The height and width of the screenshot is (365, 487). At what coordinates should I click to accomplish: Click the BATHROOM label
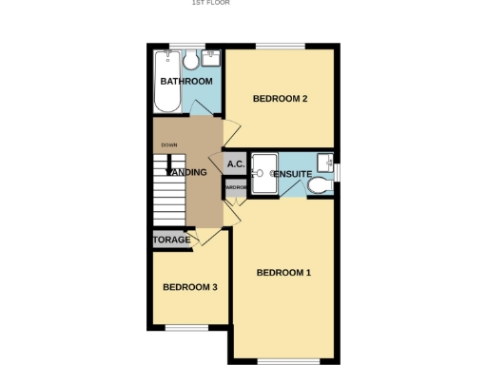(185, 82)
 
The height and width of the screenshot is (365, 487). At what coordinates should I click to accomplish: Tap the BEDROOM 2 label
(279, 98)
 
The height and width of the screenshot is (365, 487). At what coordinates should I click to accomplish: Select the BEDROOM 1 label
(283, 273)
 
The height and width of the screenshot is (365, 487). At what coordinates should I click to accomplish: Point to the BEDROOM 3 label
(189, 287)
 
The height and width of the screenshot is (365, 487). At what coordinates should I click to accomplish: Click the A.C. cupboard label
(236, 164)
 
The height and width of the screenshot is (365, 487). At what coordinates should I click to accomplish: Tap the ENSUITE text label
(293, 174)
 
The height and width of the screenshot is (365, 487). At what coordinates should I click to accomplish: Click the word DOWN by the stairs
(168, 144)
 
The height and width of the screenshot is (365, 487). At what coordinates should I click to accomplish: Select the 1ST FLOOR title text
(210, 3)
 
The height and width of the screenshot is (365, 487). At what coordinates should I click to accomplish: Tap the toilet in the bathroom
(191, 60)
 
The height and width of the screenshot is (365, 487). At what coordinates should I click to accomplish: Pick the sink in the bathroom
(210, 59)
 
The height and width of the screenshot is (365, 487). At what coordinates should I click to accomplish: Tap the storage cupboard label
(172, 240)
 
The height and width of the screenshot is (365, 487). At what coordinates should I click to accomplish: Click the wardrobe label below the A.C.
(236, 188)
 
